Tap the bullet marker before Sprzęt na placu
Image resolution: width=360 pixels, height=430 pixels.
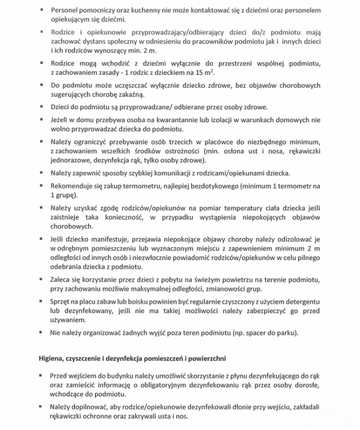point(42,302)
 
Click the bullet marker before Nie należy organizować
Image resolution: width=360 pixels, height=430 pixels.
point(42,333)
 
